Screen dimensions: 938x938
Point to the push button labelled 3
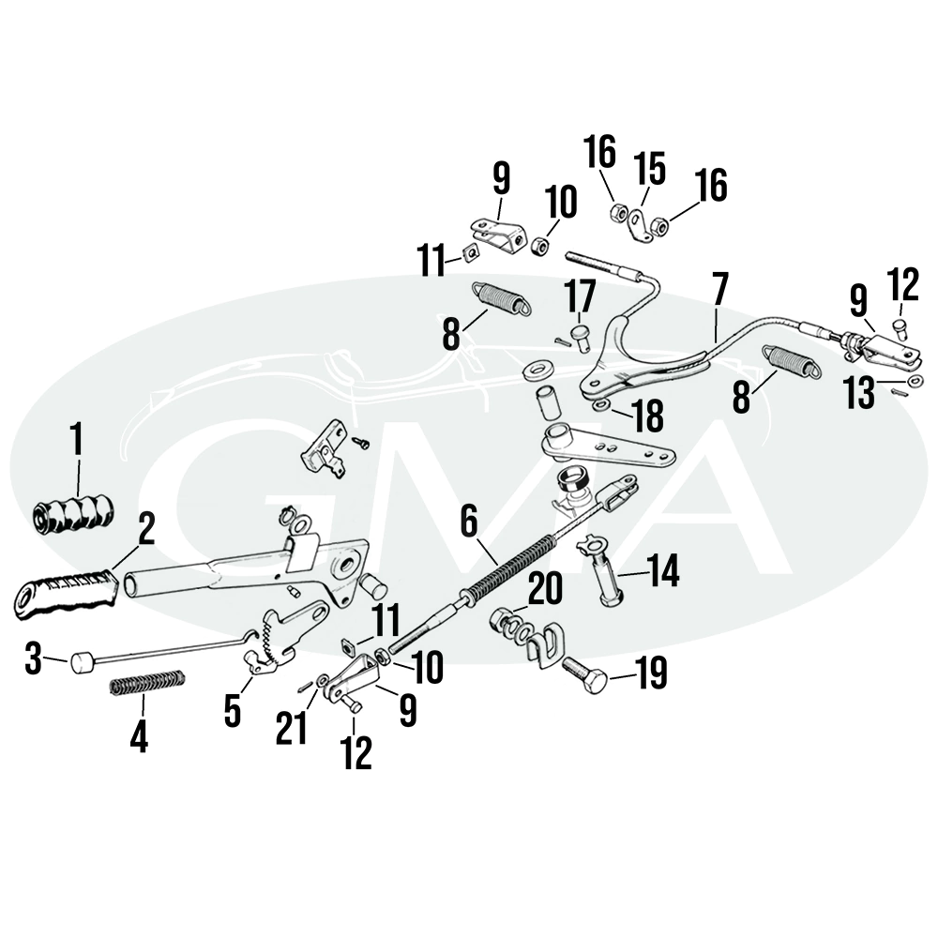point(83,663)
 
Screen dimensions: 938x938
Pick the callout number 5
point(232,710)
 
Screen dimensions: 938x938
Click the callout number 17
point(580,299)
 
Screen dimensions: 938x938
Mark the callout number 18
point(647,415)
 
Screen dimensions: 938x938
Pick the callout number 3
point(34,659)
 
